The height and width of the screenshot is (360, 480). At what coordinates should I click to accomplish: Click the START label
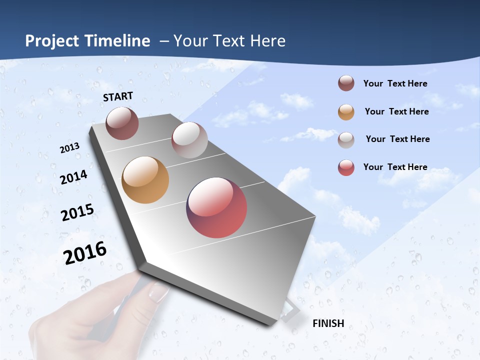coord(118,96)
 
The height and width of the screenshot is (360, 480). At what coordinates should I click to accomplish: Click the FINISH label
coord(328,323)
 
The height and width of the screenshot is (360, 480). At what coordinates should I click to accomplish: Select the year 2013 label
coord(70,148)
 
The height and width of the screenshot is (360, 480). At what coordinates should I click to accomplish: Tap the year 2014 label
coord(74,177)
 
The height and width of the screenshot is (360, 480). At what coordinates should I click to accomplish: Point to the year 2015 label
coord(77,212)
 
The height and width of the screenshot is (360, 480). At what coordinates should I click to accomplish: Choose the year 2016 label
coord(85,252)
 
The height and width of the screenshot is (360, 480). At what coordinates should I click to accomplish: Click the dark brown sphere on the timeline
coord(122,123)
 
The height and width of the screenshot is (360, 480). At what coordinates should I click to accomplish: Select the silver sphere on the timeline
coord(189,140)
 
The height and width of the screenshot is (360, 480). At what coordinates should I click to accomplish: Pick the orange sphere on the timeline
coord(145,180)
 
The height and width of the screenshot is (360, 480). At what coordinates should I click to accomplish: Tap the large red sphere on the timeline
coord(216,207)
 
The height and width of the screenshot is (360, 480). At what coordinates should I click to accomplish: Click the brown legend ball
coord(346,83)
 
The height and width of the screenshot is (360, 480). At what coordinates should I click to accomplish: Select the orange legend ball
coord(346,112)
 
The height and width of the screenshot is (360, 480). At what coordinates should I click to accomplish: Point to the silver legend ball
coord(346,140)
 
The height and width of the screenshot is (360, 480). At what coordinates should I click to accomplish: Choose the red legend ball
coord(346,167)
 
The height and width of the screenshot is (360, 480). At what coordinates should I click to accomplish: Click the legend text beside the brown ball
coord(395,84)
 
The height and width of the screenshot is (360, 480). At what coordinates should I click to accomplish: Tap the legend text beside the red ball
coord(395,167)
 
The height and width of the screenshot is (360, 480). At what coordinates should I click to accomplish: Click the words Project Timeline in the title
coord(87,41)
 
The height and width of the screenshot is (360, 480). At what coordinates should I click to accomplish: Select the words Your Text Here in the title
coord(229,41)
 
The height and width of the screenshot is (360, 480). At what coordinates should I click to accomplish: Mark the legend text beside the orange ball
coord(396,111)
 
